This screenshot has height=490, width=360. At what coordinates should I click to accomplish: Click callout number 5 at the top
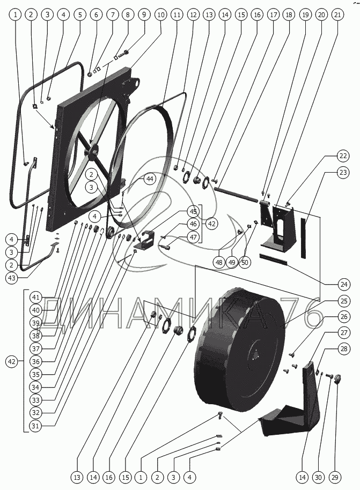80,15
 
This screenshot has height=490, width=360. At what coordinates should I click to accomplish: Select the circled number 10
160,15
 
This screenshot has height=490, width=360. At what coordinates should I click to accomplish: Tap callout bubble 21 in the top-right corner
336,15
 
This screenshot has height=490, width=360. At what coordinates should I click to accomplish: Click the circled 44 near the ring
149,179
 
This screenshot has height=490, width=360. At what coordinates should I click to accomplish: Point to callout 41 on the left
35,297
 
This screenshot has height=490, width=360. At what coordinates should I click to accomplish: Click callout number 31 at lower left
35,426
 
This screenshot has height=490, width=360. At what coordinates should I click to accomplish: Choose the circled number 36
35,361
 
